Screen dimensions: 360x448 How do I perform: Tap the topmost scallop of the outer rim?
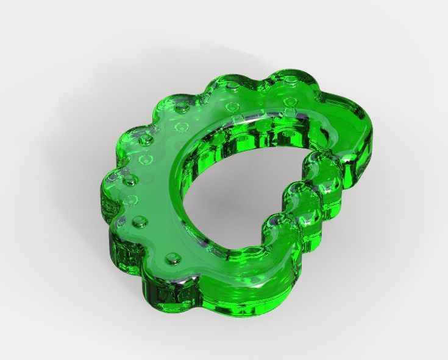click(x=286, y=79)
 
